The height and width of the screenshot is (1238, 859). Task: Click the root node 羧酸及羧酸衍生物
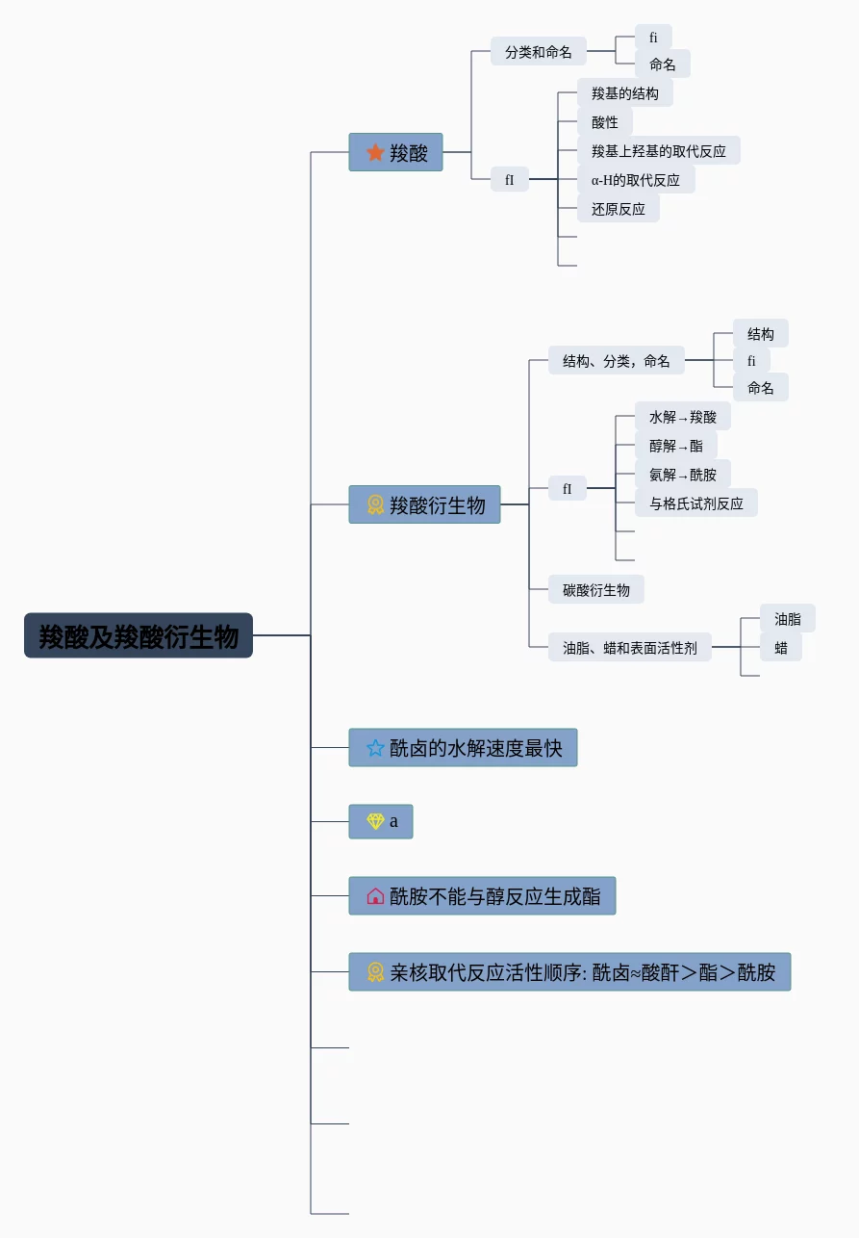click(139, 635)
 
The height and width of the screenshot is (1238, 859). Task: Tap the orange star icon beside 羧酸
click(375, 152)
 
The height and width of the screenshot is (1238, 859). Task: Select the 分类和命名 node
click(538, 51)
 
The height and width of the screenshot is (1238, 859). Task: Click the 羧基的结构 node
click(625, 92)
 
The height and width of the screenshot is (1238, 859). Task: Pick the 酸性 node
click(605, 121)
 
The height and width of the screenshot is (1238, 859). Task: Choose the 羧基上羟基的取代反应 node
click(659, 150)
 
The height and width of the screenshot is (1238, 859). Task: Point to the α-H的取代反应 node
click(636, 180)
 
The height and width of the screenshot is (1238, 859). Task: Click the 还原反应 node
click(619, 208)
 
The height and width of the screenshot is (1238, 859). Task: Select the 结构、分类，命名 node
click(616, 360)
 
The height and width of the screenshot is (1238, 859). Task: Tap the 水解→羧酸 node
click(683, 416)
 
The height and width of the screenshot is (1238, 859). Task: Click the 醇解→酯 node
click(676, 445)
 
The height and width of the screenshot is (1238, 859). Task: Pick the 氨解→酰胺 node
click(683, 474)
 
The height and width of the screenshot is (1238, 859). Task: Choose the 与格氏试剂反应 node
click(696, 503)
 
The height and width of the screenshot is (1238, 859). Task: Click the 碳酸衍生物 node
click(596, 590)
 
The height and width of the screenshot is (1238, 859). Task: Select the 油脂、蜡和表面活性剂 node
click(630, 647)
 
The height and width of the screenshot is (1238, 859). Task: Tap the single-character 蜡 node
click(780, 647)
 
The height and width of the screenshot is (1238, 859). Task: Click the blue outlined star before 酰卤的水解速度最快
click(375, 748)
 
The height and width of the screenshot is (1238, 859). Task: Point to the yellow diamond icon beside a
click(375, 821)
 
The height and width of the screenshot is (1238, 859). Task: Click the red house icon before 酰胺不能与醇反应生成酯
click(375, 896)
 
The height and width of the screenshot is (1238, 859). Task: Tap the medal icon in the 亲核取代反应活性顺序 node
click(375, 972)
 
